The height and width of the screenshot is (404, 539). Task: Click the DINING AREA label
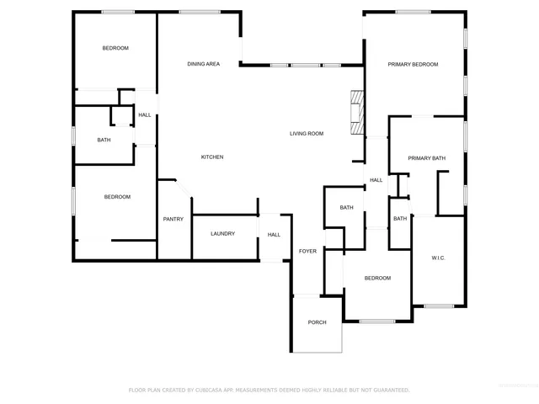pos(203,64)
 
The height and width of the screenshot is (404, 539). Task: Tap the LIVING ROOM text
pos(307,134)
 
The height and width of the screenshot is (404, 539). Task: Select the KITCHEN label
pos(211,157)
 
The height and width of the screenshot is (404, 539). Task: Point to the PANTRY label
pos(173,219)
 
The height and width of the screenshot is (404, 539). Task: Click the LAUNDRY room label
pos(222,234)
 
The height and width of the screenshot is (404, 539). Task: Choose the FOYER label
pos(307,251)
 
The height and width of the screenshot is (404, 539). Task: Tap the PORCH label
pos(317,322)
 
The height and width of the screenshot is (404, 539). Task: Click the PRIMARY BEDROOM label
pos(413,64)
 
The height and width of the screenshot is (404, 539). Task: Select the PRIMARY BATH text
pos(426,158)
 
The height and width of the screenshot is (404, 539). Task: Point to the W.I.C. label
pos(438,258)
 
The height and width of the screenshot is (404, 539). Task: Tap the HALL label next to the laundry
pos(274,235)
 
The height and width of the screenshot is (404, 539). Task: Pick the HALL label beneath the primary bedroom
pos(376,180)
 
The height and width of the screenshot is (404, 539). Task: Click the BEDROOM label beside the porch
pos(377,278)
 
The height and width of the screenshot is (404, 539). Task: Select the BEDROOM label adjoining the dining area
pos(115,48)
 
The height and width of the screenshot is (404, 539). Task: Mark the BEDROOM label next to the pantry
pos(117,197)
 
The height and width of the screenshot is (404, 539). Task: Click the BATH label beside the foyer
pos(346,208)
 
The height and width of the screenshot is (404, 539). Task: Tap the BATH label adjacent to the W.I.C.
pos(399,219)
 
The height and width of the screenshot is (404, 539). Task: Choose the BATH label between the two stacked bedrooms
pos(104,140)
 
